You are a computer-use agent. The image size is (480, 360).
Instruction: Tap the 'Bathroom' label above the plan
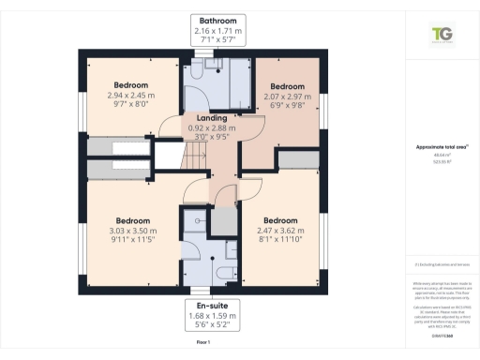217,20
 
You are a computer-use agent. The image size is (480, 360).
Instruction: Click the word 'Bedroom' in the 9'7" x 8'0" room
118,85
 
